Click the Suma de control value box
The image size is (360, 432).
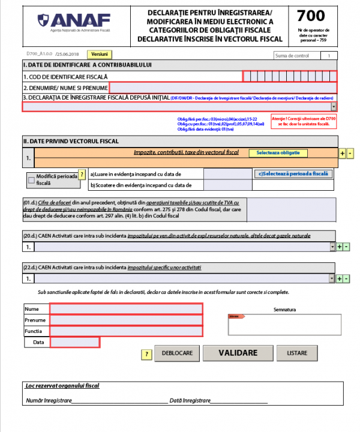point(329,55)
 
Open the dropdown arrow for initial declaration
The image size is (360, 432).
point(334,107)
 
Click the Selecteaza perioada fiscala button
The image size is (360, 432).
point(294,173)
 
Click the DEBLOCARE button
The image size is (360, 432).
point(176,353)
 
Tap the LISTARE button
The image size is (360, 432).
point(297,353)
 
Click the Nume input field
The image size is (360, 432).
point(126,308)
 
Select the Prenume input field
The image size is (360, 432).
point(126,320)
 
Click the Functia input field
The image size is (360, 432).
point(126,331)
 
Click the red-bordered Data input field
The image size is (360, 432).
point(74,342)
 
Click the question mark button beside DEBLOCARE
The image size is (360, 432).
point(146,354)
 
